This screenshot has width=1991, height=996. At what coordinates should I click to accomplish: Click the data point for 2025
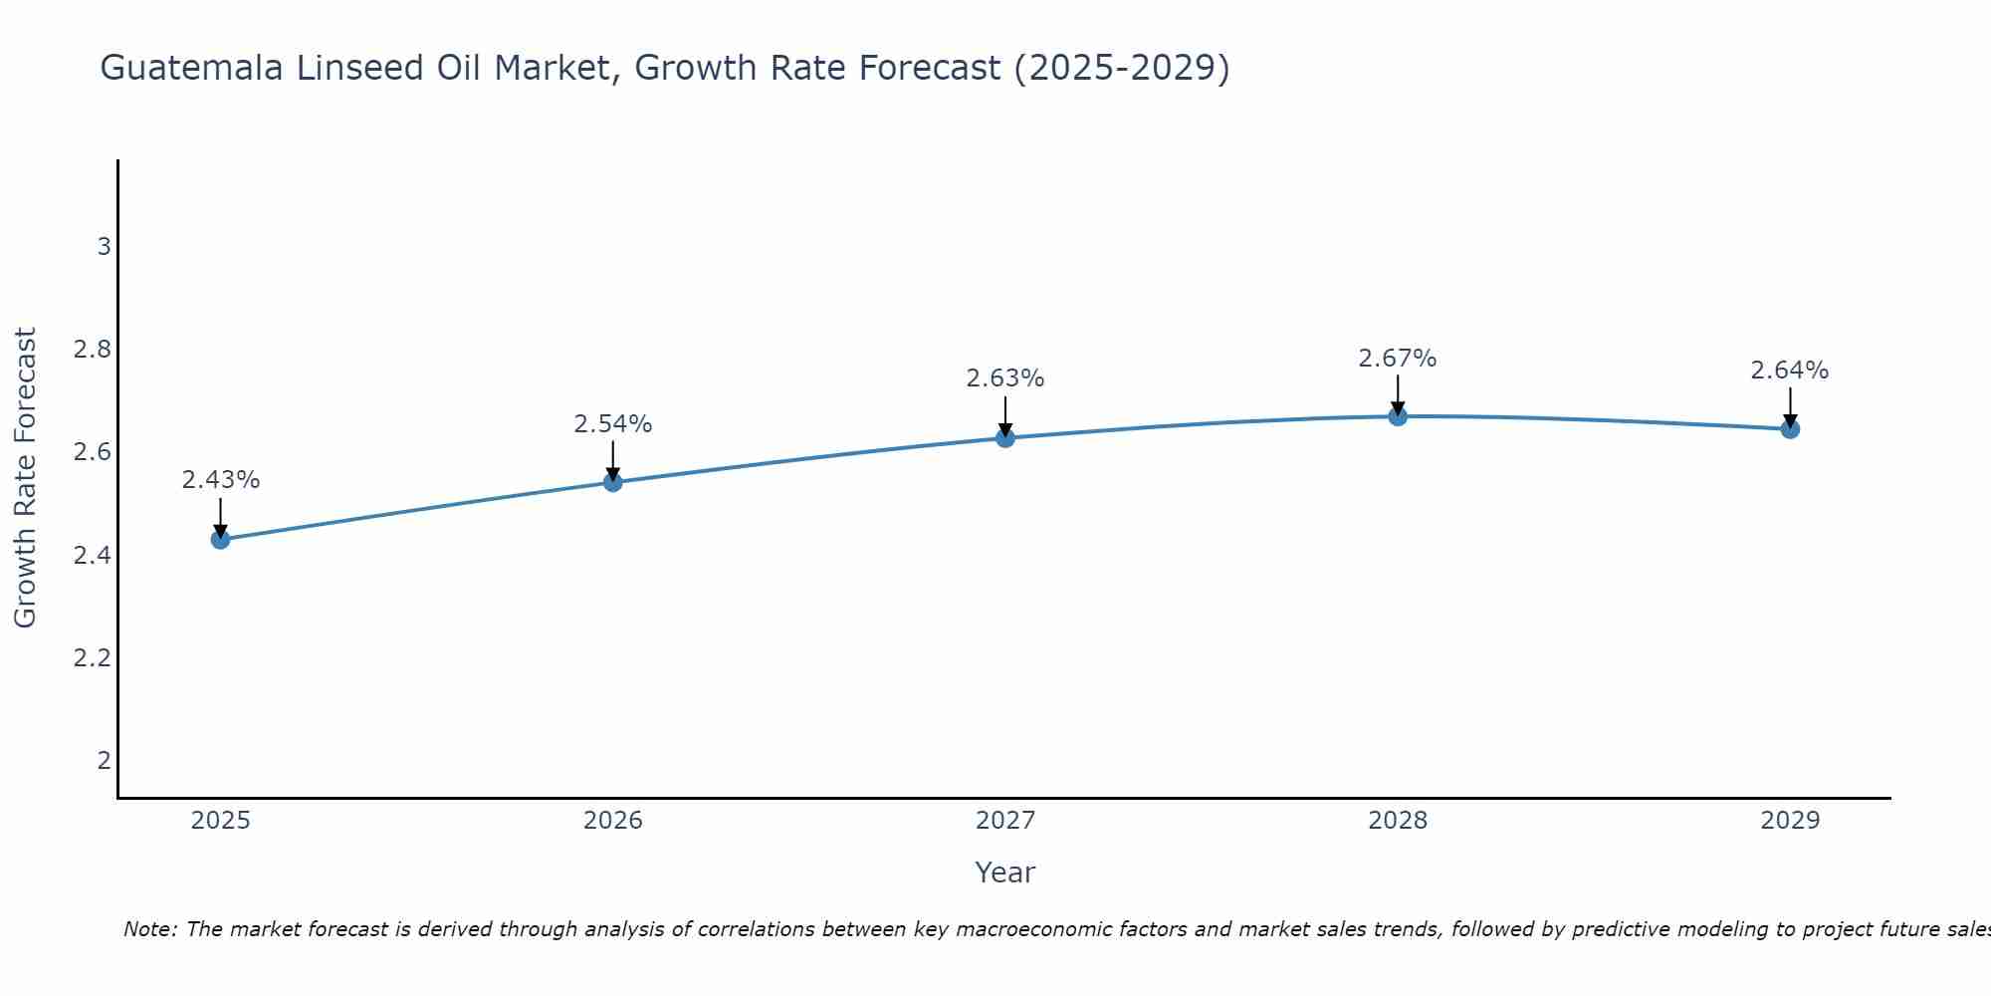[x=220, y=540]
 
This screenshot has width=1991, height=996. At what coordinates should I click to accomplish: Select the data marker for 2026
[x=613, y=482]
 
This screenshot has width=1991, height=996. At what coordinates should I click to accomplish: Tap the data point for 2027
[x=1005, y=437]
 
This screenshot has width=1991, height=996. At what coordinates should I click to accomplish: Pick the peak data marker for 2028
[x=1398, y=416]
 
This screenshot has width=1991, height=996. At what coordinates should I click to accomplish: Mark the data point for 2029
[x=1790, y=429]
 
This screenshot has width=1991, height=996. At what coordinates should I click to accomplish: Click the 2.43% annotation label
[x=220, y=480]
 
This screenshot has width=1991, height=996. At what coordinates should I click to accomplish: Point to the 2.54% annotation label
[x=613, y=424]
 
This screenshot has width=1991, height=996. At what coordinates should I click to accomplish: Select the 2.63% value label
[x=1005, y=378]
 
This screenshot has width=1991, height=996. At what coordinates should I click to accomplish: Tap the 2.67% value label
[x=1398, y=359]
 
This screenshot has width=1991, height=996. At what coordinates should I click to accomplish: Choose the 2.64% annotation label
[x=1790, y=371]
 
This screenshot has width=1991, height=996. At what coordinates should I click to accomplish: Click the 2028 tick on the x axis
[x=1398, y=821]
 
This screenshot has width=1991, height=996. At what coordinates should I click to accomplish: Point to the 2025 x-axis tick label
[x=220, y=821]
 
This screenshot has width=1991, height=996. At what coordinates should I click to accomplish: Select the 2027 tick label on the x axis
[x=1005, y=821]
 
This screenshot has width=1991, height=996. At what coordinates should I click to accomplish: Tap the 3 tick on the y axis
[x=104, y=246]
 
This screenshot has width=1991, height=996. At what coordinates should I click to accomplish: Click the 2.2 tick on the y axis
[x=92, y=658]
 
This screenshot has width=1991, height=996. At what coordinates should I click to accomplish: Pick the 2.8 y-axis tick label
[x=92, y=350]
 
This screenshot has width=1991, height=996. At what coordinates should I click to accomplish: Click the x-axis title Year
[x=1005, y=872]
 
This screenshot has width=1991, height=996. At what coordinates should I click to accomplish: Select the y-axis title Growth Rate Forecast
[x=25, y=478]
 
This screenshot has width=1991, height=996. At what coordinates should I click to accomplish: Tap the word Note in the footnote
[x=148, y=929]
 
